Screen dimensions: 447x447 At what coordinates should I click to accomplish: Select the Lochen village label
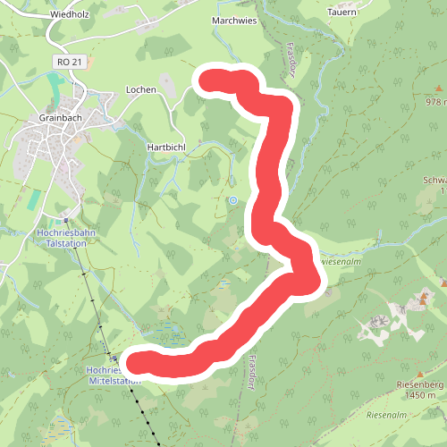coord(141,90)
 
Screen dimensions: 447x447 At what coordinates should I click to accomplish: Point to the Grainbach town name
coord(61,117)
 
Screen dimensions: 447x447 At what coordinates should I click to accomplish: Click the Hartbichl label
coord(164,145)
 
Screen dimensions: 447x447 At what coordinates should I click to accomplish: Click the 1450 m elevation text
coord(420,395)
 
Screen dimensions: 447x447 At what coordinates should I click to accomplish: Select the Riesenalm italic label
coord(387,416)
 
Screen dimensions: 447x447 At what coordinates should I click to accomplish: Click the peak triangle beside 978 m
coord(439,89)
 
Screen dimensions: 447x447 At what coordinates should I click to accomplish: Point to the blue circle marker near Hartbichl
coord(232,200)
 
